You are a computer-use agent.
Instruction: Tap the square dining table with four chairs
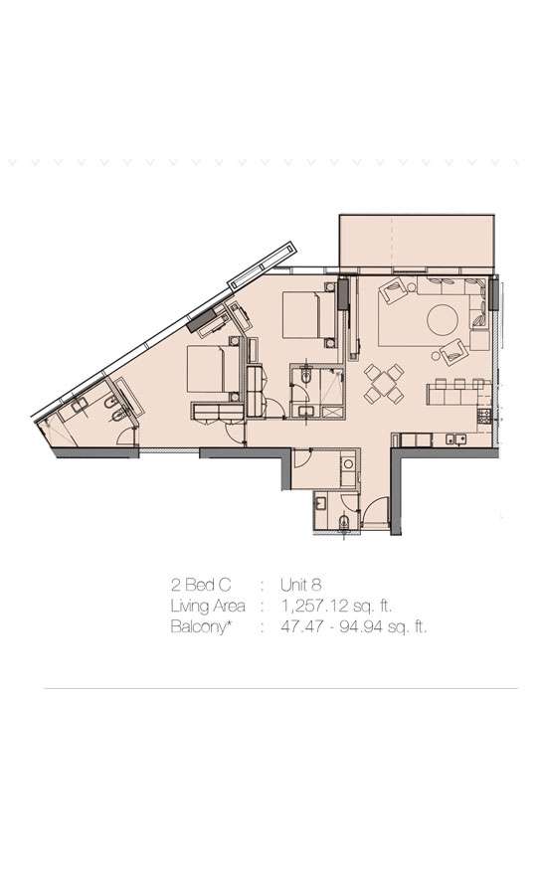[x=384, y=384]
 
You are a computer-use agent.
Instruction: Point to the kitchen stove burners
[x=482, y=415]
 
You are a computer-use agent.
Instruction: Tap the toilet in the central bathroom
[x=305, y=376]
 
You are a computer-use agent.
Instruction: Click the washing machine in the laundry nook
[x=348, y=464]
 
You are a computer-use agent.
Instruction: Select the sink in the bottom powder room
[x=322, y=502]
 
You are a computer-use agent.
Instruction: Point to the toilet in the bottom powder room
[x=343, y=522]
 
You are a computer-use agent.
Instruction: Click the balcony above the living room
[x=417, y=242]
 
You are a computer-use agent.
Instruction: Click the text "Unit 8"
[x=301, y=585]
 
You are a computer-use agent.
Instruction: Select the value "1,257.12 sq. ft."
[x=337, y=606]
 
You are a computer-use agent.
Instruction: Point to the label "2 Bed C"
[x=201, y=585]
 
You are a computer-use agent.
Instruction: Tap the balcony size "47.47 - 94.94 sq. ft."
[x=354, y=626]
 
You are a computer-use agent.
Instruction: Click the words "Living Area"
[x=208, y=606]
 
